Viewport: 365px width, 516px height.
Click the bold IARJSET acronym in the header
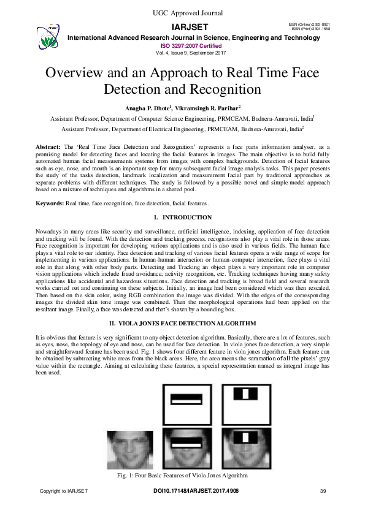click(x=191, y=28)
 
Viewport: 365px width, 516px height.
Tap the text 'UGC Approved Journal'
click(x=182, y=12)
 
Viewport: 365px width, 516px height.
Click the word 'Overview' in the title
click(x=78, y=72)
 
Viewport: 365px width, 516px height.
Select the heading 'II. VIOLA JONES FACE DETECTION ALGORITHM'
click(x=182, y=322)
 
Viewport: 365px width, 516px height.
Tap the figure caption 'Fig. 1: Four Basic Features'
click(x=182, y=476)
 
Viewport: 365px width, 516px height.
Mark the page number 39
click(x=323, y=491)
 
